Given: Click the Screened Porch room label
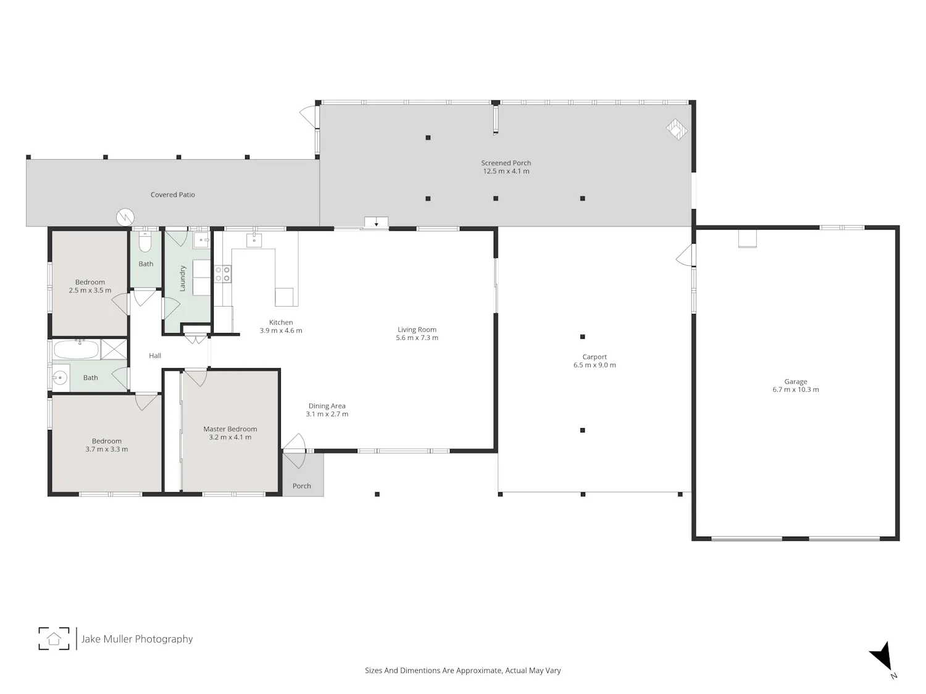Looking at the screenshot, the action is click(x=506, y=163).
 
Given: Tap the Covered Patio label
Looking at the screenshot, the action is click(x=172, y=195).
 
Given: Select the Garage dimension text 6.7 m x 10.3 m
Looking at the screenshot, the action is click(x=796, y=390).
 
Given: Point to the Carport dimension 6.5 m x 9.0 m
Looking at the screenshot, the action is click(x=594, y=365).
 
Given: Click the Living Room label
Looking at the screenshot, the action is click(x=417, y=330).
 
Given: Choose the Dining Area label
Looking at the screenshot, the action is click(x=327, y=406).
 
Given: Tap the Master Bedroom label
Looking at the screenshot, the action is click(x=230, y=429).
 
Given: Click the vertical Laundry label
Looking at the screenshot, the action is click(x=183, y=279).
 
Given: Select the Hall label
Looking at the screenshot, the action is click(x=155, y=356).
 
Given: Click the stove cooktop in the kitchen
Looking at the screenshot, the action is click(x=222, y=274).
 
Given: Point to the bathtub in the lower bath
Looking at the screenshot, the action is click(x=77, y=350).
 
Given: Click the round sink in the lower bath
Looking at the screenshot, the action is click(x=60, y=378).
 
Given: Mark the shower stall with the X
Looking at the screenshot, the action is click(x=114, y=349).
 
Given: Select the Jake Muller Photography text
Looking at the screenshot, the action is click(x=137, y=639).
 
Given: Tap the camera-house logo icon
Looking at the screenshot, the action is click(x=54, y=638).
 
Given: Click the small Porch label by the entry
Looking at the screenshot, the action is click(x=302, y=486).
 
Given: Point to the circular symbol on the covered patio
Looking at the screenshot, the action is click(x=125, y=217).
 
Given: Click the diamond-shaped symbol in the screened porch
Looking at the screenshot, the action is click(x=677, y=130).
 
